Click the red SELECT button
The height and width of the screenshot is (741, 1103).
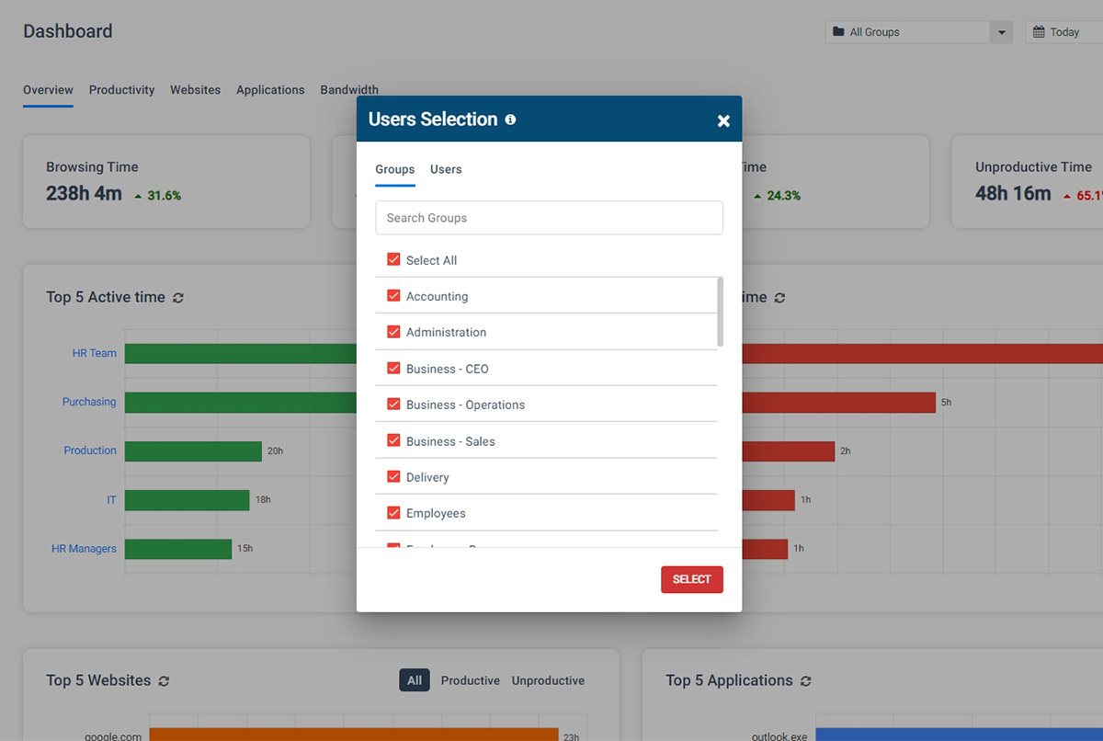[x=691, y=579]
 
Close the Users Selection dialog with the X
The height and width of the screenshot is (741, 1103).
[x=723, y=120]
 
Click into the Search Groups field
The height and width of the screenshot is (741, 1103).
[x=549, y=218]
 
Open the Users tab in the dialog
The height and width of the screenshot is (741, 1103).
[x=446, y=169]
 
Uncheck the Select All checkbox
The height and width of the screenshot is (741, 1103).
[x=393, y=260]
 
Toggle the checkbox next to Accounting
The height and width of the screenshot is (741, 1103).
[x=393, y=296]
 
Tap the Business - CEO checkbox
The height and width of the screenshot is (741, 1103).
[x=393, y=369]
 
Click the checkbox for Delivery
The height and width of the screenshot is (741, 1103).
[x=393, y=477]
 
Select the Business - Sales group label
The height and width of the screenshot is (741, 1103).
[x=450, y=441]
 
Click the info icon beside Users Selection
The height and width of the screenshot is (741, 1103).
[x=510, y=120]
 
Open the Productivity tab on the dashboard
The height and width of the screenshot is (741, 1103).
[x=121, y=90]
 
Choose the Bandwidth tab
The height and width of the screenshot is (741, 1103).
[x=349, y=90]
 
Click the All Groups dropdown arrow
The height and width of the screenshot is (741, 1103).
[x=1001, y=32]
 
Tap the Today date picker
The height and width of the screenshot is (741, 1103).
[x=1063, y=32]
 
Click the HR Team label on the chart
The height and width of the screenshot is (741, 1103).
[x=95, y=353]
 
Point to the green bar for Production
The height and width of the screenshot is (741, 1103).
[x=193, y=451]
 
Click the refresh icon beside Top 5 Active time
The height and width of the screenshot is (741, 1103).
[x=178, y=298]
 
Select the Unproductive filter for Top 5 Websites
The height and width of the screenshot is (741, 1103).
[x=548, y=680]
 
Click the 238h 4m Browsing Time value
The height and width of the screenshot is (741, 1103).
[x=84, y=194]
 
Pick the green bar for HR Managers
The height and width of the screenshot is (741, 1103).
[x=178, y=549]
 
